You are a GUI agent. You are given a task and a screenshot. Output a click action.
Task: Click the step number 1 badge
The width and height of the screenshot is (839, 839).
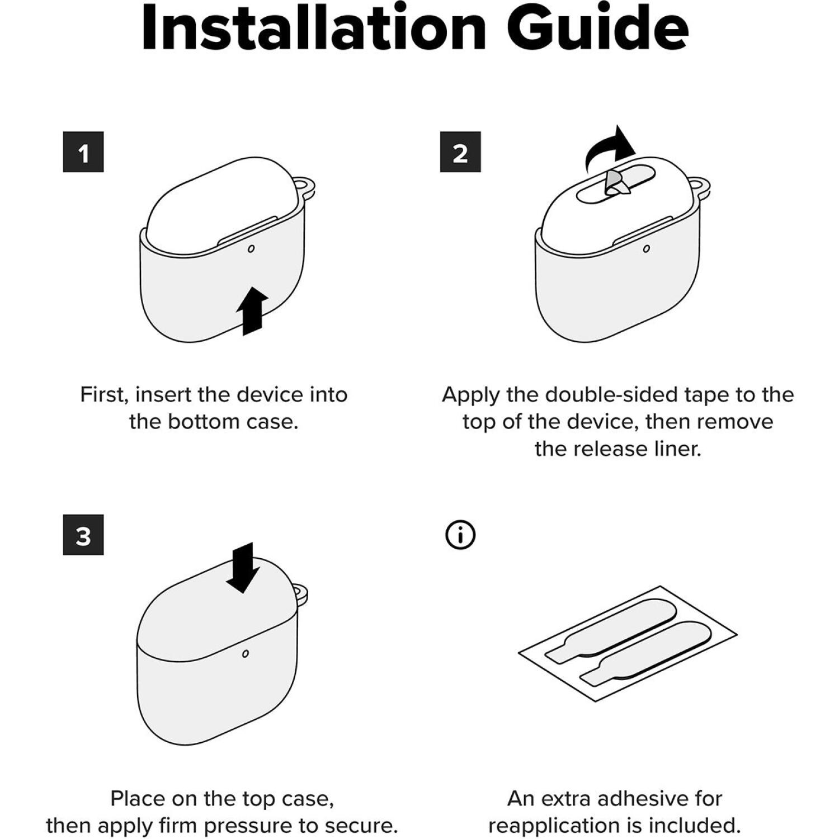[x=83, y=152]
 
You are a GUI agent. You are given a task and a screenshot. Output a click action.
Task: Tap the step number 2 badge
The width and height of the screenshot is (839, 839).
[x=460, y=152]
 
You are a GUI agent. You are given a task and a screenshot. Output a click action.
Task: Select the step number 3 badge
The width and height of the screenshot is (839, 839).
[x=83, y=535]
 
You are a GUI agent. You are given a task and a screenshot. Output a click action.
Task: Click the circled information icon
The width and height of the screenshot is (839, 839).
[x=460, y=535]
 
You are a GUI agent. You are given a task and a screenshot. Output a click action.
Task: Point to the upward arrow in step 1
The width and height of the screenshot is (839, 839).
[x=252, y=311]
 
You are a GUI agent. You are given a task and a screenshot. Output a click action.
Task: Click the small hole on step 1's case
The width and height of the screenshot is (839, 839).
[x=251, y=248]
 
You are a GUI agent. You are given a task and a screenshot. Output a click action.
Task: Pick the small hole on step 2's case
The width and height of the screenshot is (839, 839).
[x=647, y=248]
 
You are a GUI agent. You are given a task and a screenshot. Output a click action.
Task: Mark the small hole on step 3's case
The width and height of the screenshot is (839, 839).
[x=245, y=654]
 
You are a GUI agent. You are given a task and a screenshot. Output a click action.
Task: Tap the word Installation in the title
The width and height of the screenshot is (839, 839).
[x=314, y=27]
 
